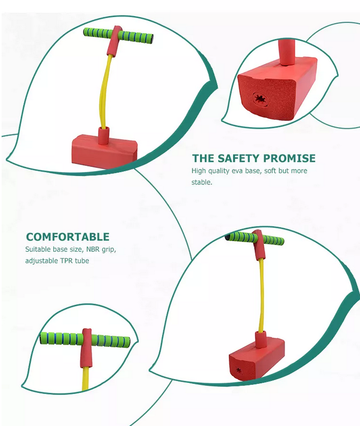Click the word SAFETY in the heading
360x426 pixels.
point(238,158)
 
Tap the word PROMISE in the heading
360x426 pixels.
point(289,158)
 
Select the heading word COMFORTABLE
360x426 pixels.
point(68,237)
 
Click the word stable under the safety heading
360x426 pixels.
point(202,182)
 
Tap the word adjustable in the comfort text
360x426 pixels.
point(42,261)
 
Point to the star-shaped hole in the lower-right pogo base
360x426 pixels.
point(239,370)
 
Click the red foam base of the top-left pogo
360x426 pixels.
point(104,151)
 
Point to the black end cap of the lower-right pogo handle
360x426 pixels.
point(227,237)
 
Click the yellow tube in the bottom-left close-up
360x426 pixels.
point(85,379)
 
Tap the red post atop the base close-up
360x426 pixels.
point(286,52)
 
